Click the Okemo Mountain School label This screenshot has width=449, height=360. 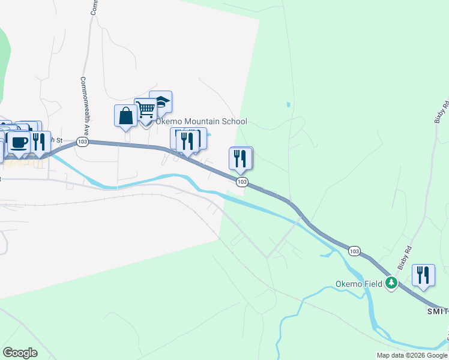click(x=201, y=121)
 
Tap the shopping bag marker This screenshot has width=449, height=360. click(x=126, y=116)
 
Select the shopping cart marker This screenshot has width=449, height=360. click(x=145, y=110)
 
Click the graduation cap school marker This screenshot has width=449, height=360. click(x=161, y=102)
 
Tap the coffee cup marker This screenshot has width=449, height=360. click(x=19, y=143)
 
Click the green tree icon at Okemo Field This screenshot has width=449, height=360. click(x=392, y=282)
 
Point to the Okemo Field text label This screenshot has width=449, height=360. click(x=359, y=284)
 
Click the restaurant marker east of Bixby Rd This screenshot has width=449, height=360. click(x=424, y=275)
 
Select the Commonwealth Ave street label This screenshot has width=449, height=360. click(x=85, y=103)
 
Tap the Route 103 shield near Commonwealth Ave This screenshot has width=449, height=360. click(x=83, y=142)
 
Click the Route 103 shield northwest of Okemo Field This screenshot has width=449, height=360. click(x=355, y=250)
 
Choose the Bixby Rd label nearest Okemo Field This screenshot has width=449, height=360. click(x=408, y=257)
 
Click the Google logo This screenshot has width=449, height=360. click(x=20, y=353)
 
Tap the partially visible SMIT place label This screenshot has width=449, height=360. click(x=438, y=311)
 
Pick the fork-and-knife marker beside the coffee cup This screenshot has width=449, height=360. click(x=40, y=142)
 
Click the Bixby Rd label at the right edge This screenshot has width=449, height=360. click(x=443, y=112)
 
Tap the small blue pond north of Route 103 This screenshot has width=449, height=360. click(x=289, y=104)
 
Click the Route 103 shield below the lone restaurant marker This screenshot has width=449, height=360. click(x=242, y=181)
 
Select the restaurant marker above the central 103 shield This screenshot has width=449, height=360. click(x=240, y=158)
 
